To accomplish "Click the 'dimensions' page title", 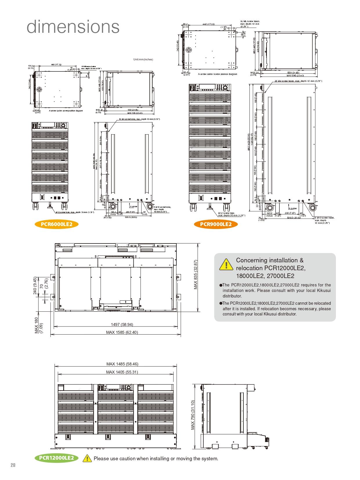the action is (73, 27).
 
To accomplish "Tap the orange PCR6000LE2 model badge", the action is (57, 224).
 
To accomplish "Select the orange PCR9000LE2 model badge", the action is (216, 224).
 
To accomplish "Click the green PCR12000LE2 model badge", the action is (57, 458).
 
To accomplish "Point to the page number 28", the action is (13, 465).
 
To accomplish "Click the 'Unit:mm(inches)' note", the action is (143, 59).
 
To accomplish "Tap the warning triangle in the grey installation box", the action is (226, 264).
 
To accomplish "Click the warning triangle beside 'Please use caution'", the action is (87, 459).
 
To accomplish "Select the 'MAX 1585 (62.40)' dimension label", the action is (122, 332).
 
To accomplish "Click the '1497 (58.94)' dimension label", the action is (122, 324).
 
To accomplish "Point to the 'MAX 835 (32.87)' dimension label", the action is (196, 274).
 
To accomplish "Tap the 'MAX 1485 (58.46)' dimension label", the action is (122, 364).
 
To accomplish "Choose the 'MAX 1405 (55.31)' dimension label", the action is (122, 372).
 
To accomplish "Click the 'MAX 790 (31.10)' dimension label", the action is (193, 415).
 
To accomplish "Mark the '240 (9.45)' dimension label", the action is (35, 286).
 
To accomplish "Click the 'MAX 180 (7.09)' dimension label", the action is (38, 325).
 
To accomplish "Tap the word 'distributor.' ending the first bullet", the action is (232, 296).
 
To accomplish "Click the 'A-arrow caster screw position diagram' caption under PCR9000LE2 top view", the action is (217, 74).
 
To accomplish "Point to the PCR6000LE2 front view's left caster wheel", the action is (35, 206).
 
